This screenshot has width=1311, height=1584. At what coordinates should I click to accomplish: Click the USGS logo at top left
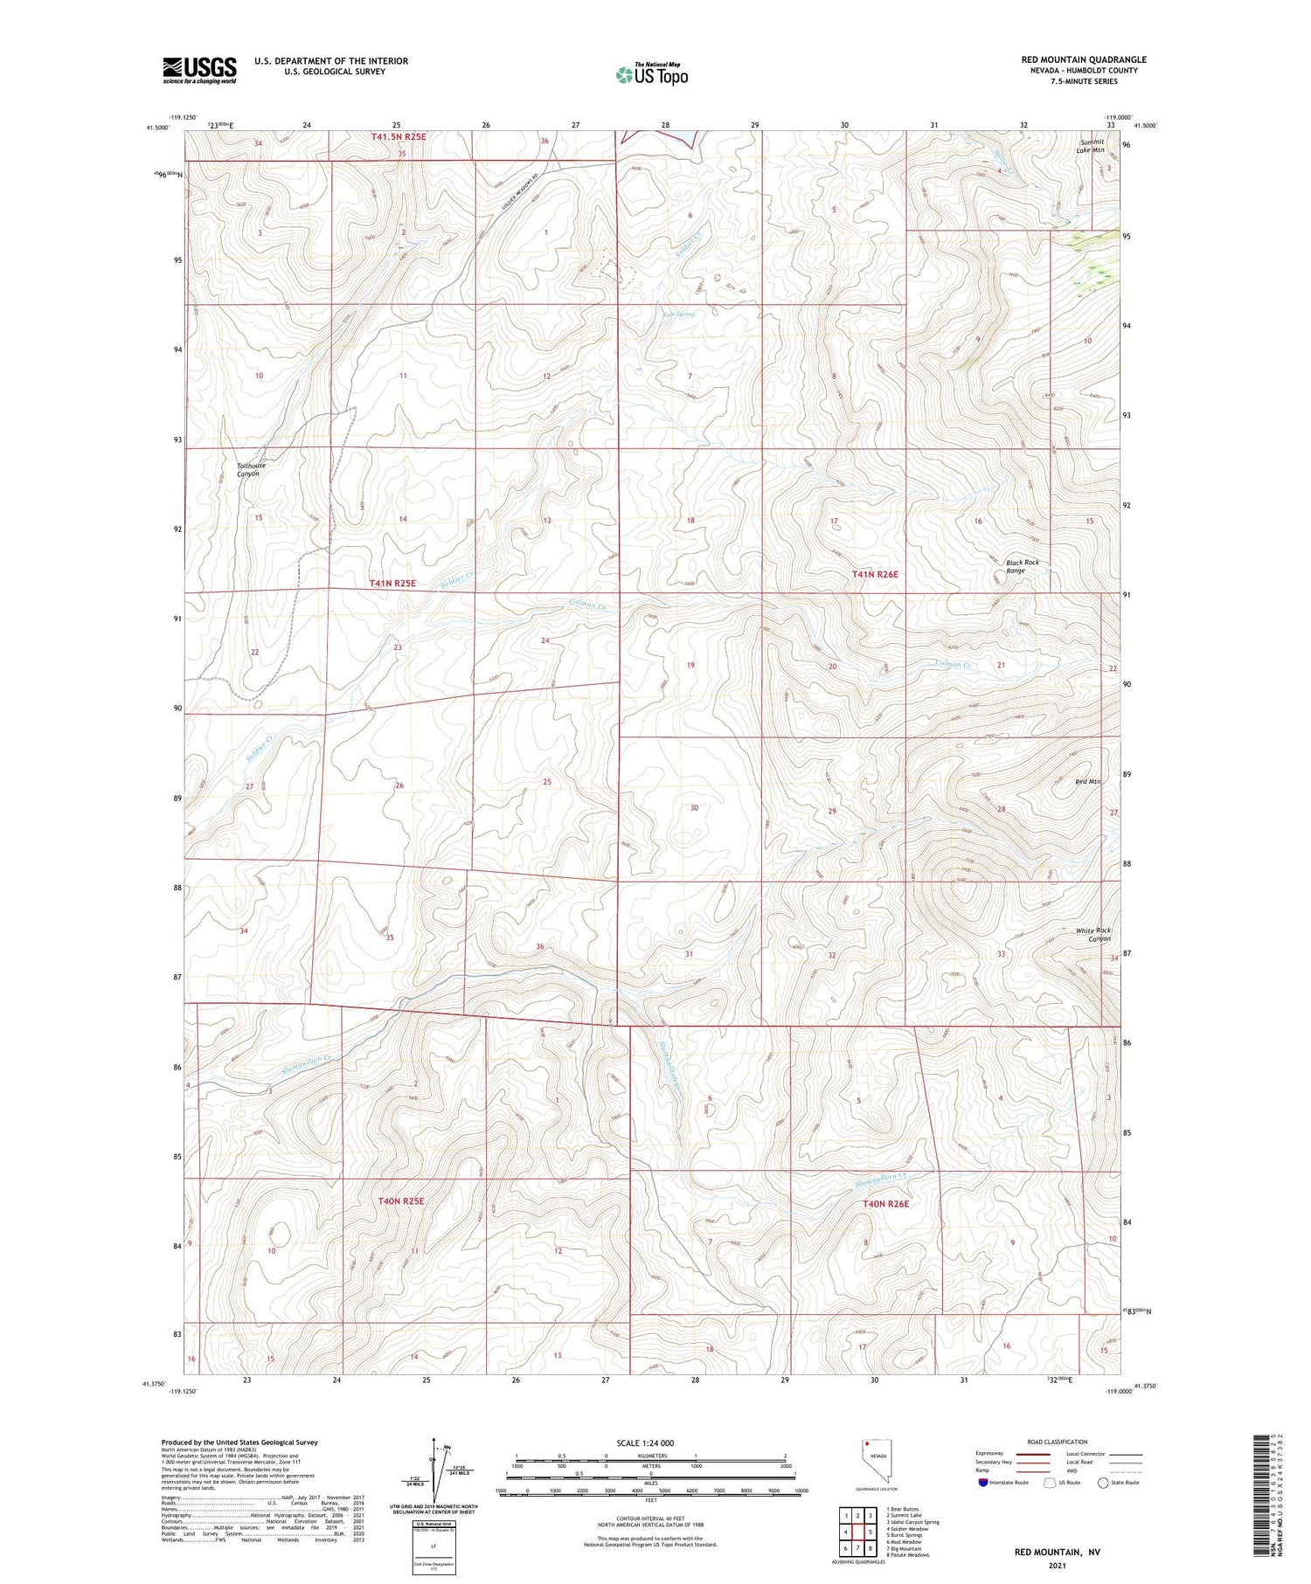pos(199,70)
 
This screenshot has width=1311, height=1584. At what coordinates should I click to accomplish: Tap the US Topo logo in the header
pos(652,75)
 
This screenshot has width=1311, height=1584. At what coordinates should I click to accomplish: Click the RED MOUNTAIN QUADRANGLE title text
pos(1084,59)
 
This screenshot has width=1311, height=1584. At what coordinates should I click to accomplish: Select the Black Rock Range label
pos(1022,566)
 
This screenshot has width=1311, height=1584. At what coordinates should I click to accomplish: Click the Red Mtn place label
pos(1087,781)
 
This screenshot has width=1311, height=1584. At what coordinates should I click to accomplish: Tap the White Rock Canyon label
pos(1093,934)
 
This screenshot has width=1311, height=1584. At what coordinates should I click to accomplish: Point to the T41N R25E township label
pos(392,583)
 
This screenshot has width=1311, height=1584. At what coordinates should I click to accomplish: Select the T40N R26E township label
pos(885,1204)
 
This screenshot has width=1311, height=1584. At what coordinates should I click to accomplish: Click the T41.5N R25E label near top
pos(399,137)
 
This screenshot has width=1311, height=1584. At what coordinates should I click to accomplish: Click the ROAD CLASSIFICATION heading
pos(1058,1442)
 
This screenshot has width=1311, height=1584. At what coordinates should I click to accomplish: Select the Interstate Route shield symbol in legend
pos(983,1483)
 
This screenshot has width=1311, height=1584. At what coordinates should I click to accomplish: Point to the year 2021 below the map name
pos(1057,1561)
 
